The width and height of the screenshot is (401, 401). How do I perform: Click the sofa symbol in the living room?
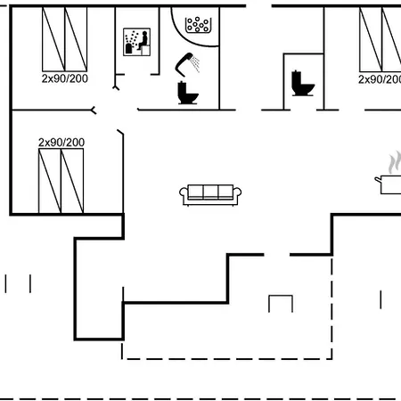(x=210, y=195)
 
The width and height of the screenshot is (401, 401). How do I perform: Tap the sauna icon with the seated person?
(x=136, y=42)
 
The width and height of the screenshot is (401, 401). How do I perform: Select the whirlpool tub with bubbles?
(x=198, y=25)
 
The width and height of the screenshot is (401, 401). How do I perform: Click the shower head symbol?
(x=184, y=63)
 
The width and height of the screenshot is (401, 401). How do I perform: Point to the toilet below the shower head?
(x=187, y=93)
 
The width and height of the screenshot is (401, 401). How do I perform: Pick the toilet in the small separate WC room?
(x=302, y=83)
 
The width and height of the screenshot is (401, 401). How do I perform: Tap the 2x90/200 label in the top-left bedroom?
(x=65, y=78)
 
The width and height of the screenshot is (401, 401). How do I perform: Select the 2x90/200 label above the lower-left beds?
(x=61, y=143)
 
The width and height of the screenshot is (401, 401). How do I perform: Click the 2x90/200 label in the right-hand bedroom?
(x=380, y=79)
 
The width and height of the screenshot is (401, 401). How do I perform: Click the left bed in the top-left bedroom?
(x=53, y=39)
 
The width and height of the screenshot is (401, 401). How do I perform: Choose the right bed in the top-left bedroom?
(x=76, y=39)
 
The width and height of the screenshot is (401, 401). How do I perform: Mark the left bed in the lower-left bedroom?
(x=50, y=181)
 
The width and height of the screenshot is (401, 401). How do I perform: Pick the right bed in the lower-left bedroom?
(x=72, y=181)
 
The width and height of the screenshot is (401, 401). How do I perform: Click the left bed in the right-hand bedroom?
(x=371, y=39)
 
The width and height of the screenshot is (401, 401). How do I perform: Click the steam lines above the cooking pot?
(x=395, y=162)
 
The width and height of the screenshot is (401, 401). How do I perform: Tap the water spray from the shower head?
(x=195, y=64)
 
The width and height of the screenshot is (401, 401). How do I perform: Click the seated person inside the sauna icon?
(x=143, y=40)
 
